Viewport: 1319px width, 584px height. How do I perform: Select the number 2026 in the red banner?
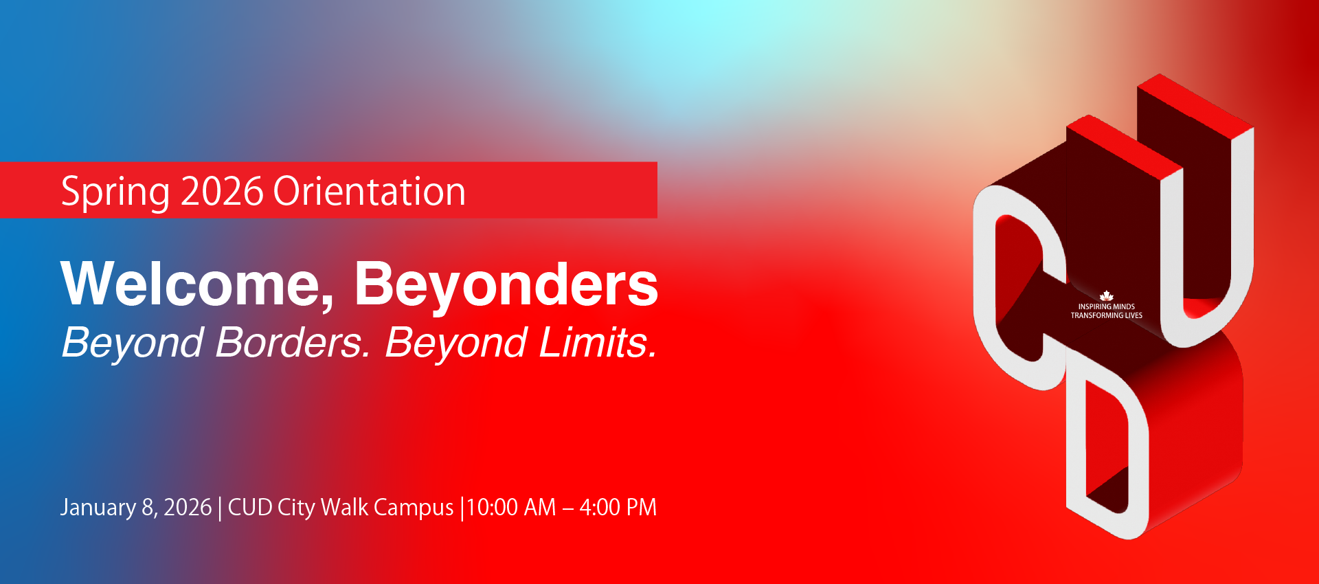click(222, 191)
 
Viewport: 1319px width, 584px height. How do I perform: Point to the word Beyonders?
click(506, 284)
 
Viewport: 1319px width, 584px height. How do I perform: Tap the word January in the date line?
click(98, 508)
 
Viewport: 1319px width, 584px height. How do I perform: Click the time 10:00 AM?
click(511, 508)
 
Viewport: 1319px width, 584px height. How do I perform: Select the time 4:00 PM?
click(618, 508)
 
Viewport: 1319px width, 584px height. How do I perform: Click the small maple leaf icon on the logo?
click(1106, 296)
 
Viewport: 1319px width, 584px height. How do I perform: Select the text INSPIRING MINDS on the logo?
click(1106, 306)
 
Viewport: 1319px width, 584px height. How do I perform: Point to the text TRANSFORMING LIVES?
click(1106, 315)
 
